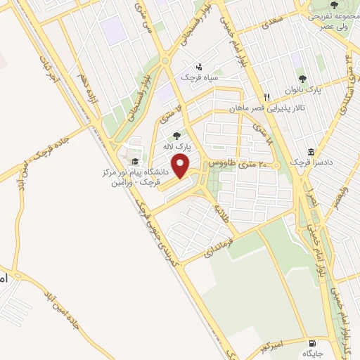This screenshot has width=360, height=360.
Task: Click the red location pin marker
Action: click(182, 167)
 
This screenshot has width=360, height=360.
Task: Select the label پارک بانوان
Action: click(302, 91)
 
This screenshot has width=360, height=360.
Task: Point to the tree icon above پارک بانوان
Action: click(302, 79)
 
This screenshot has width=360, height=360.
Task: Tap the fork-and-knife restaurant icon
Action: click(266, 97)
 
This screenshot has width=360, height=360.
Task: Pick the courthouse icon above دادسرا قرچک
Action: click(310, 151)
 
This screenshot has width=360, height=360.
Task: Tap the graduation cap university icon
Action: click(134, 162)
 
